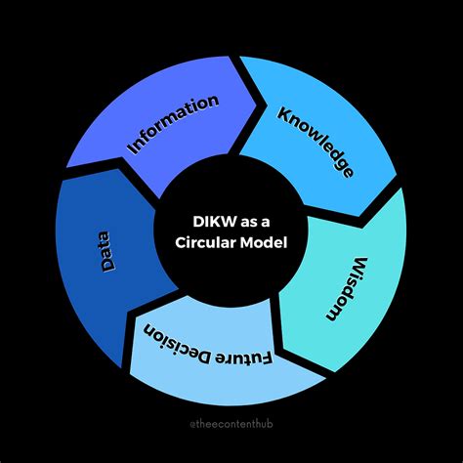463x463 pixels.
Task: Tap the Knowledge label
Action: click(x=315, y=141)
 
